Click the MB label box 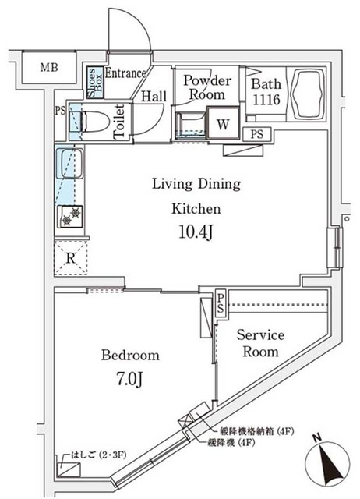click(48, 68)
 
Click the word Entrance click(125, 74)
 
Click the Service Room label click(261, 343)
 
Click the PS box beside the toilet click(60, 111)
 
